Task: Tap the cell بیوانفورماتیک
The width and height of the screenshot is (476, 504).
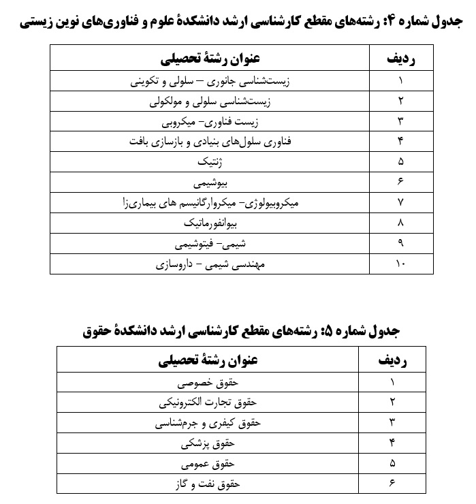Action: pyautogui.click(x=208, y=223)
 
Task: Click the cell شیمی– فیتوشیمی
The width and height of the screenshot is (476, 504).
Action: pyautogui.click(x=208, y=243)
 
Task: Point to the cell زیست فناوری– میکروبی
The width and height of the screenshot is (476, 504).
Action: pyautogui.click(x=208, y=122)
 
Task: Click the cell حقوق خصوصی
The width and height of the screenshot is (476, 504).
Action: pyautogui.click(x=208, y=382)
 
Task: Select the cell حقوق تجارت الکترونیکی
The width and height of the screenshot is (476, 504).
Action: pyautogui.click(x=208, y=403)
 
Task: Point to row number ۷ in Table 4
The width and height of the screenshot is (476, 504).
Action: pyautogui.click(x=400, y=203)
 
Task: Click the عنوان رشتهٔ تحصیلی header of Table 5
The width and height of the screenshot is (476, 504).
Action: pyautogui.click(x=208, y=360)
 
